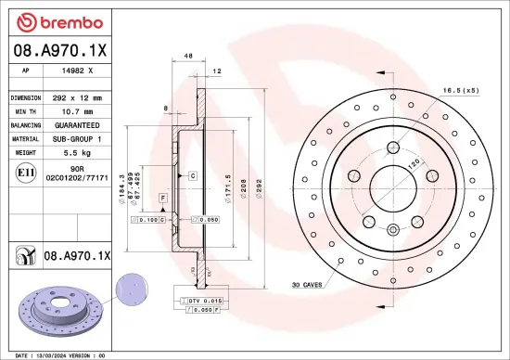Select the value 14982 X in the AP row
(x=77, y=71)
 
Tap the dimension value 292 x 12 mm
(x=77, y=96)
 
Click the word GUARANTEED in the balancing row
(x=77, y=123)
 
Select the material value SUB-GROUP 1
(x=77, y=137)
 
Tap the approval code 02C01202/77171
(x=77, y=176)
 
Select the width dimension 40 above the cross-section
(x=188, y=57)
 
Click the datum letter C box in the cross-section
(x=192, y=174)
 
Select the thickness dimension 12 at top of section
(x=217, y=71)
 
